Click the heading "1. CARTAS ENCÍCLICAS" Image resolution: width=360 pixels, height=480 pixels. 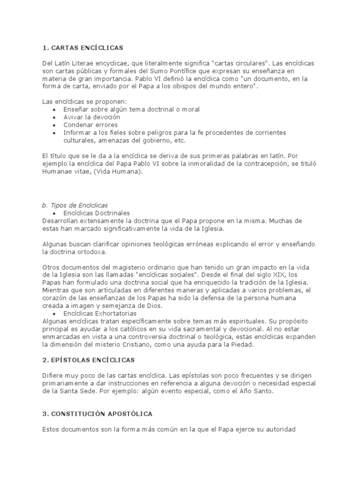point(83,47)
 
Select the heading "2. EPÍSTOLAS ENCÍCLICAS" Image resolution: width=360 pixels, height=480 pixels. point(89,360)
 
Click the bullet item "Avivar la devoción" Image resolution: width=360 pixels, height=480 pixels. point(92,117)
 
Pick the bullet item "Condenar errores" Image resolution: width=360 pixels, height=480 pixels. point(90,125)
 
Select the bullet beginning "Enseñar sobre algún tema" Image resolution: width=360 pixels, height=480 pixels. point(125,109)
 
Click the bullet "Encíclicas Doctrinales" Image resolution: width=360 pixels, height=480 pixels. point(97,213)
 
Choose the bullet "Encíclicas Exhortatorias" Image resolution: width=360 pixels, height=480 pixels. point(100,313)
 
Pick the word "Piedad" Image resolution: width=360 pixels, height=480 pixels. point(240,345)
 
